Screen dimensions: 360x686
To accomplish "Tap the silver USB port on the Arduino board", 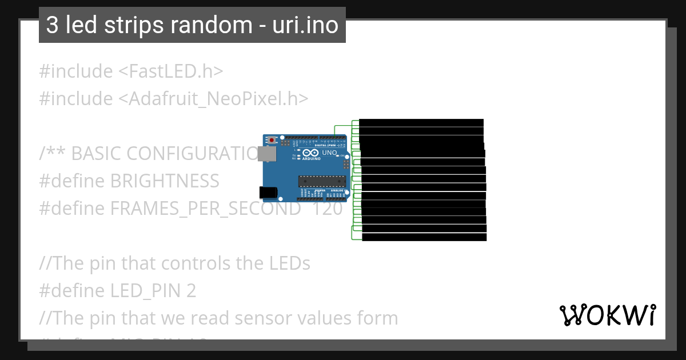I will click(265, 153).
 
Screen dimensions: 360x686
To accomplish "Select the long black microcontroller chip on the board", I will click(322, 181).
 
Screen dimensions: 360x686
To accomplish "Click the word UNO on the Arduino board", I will click(330, 153).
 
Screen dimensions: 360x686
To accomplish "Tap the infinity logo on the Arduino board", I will click(310, 153).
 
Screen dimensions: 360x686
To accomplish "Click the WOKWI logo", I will click(607, 315).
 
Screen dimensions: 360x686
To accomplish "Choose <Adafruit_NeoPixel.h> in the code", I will click(213, 99).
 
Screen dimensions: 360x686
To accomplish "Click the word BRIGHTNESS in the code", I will click(165, 181).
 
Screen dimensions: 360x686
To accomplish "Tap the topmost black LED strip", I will click(421, 123).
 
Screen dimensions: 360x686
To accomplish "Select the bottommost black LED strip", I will click(424, 237).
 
